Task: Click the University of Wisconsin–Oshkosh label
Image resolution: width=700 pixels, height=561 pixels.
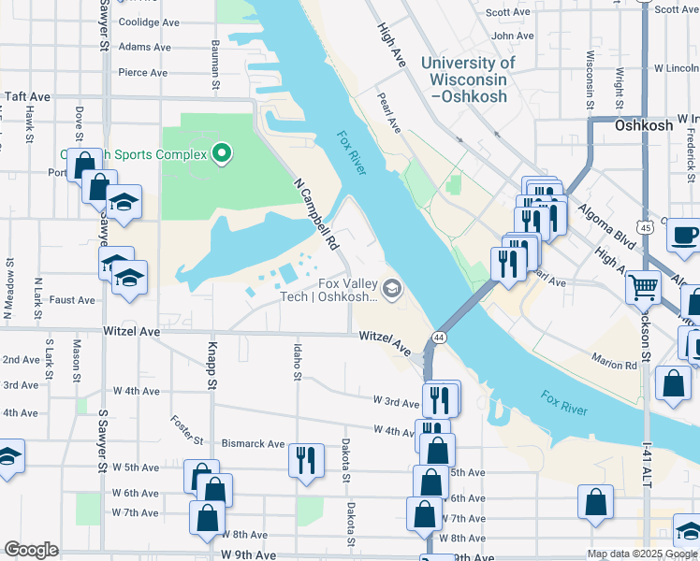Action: pos(468,79)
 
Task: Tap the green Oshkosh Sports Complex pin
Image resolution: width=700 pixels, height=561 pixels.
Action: pos(222,152)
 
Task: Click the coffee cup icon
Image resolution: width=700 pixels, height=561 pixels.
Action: pos(683,236)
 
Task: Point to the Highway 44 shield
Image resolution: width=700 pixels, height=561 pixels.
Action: pos(438,337)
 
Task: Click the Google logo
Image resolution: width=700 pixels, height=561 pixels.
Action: pos(32,550)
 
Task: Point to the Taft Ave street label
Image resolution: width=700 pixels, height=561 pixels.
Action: pos(27,96)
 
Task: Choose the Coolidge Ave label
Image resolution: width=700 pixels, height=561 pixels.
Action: pos(149,22)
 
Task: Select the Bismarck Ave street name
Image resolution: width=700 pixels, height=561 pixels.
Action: pos(253,444)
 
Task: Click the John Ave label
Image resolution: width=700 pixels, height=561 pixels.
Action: pos(513,36)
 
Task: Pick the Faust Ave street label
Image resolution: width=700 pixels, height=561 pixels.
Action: pos(72,300)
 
